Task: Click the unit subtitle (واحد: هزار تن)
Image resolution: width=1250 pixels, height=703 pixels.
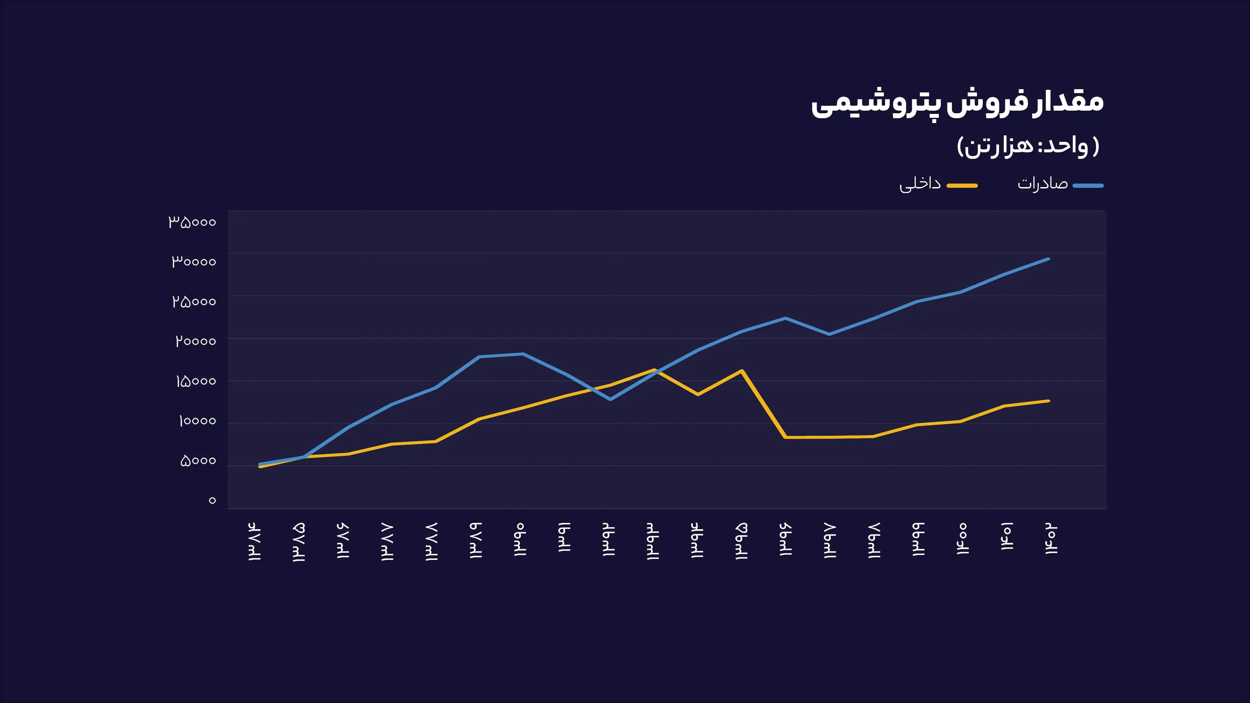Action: [1028, 145]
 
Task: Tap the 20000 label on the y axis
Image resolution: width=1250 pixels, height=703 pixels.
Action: [196, 341]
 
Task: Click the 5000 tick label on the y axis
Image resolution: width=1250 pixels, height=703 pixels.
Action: [198, 461]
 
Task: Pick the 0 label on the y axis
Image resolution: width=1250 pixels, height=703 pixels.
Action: [212, 501]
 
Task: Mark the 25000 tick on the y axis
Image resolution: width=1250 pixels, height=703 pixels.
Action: [194, 302]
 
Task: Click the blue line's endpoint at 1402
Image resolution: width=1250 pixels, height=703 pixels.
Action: [1049, 259]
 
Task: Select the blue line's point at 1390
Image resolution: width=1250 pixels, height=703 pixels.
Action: [522, 354]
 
